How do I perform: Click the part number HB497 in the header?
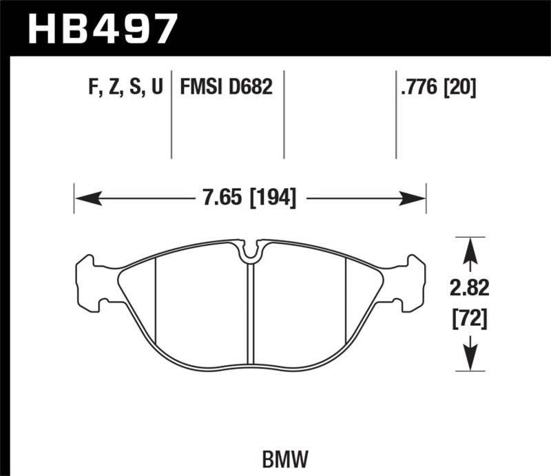coord(101,28)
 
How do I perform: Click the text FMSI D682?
coord(226,87)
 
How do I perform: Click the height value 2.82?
coord(470,289)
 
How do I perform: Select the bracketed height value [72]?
coord(470,318)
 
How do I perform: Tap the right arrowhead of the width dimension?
coord(416,199)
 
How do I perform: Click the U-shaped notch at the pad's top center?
coord(250,253)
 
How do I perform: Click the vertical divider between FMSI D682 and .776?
coord(284,114)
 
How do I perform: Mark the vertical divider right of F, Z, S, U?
coord(171,114)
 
